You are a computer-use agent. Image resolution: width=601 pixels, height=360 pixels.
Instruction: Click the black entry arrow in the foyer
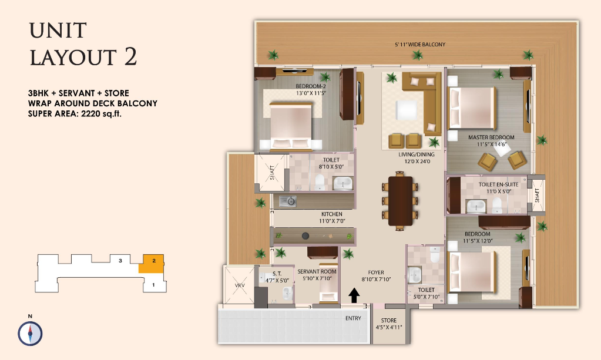(x=354, y=295)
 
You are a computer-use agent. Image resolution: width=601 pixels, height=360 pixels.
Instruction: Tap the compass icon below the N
(x=30, y=334)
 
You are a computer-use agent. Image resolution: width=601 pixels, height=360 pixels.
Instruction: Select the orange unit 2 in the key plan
(x=152, y=264)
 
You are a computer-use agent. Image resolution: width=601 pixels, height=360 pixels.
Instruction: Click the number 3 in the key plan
(x=120, y=261)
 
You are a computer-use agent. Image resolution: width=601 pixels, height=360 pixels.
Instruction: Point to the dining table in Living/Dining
(x=400, y=201)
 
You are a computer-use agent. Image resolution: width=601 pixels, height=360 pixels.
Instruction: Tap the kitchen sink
(x=287, y=201)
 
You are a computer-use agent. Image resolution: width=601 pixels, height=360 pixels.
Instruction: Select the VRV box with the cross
(x=239, y=285)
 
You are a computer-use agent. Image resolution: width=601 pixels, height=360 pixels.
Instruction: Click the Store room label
(x=389, y=324)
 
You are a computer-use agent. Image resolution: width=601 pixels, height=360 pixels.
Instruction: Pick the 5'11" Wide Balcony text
(x=420, y=45)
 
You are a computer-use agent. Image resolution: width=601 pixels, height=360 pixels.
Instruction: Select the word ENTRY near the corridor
(x=353, y=318)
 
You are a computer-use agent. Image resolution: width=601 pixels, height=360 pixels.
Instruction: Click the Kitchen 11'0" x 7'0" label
(x=332, y=217)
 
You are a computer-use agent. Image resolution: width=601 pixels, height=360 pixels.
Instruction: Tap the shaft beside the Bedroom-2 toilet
(x=271, y=172)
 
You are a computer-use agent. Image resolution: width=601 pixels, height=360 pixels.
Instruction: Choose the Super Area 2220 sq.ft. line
(x=75, y=114)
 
